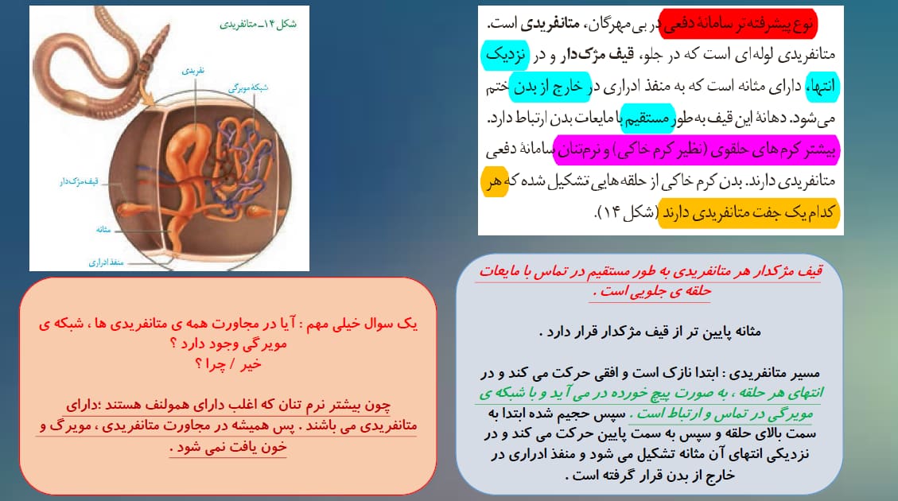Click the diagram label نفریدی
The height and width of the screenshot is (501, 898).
193,71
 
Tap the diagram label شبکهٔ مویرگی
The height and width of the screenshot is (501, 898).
248,87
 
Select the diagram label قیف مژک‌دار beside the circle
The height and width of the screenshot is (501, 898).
79,181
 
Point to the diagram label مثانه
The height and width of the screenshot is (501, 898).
103,230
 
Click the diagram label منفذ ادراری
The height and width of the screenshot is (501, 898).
106,262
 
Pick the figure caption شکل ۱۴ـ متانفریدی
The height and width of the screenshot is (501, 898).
259,24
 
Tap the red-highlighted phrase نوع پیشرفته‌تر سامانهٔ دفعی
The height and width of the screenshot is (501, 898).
737,24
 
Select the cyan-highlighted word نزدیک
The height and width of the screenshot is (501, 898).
504,55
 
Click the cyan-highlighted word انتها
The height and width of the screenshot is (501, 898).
822,87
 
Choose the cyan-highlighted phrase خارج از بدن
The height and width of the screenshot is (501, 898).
550,87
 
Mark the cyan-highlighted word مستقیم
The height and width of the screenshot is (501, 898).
647,118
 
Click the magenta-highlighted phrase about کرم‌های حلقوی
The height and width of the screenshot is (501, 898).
697,150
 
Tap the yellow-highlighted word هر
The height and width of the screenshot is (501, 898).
494,182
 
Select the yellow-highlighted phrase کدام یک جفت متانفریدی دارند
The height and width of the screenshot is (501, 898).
749,213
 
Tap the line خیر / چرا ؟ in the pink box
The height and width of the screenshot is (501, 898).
228,364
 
